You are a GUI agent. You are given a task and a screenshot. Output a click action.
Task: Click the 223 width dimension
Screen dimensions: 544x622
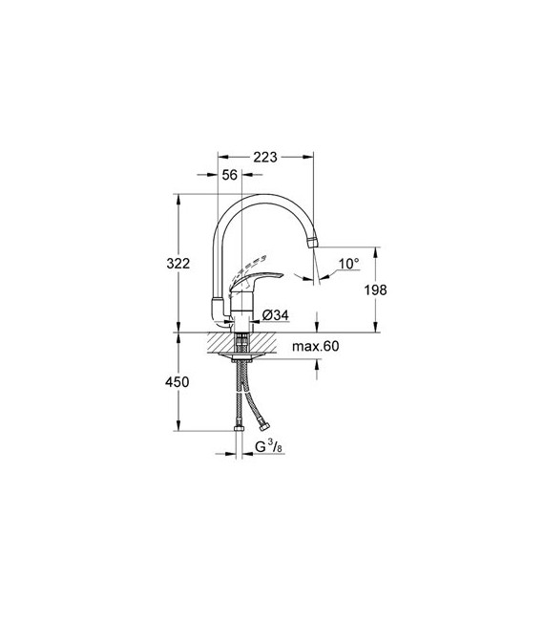pos(265,157)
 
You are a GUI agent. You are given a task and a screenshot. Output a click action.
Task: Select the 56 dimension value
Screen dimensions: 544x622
pos(229,175)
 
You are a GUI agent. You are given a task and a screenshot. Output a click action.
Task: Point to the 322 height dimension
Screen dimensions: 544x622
pos(178,263)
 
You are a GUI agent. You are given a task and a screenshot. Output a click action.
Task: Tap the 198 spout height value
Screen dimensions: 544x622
pos(375,290)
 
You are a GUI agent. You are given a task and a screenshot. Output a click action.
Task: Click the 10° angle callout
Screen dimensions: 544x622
pos(348,264)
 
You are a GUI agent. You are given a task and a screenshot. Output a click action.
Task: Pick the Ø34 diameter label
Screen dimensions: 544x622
pos(276,315)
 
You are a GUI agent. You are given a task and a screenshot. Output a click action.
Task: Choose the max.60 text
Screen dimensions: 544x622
pos(315,346)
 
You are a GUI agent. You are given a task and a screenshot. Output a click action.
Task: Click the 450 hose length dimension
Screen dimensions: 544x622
pos(178,382)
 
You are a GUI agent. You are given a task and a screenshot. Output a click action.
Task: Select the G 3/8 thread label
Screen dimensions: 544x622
pos(268,447)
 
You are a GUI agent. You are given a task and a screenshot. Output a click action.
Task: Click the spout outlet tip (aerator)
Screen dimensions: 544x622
pos(313,242)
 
